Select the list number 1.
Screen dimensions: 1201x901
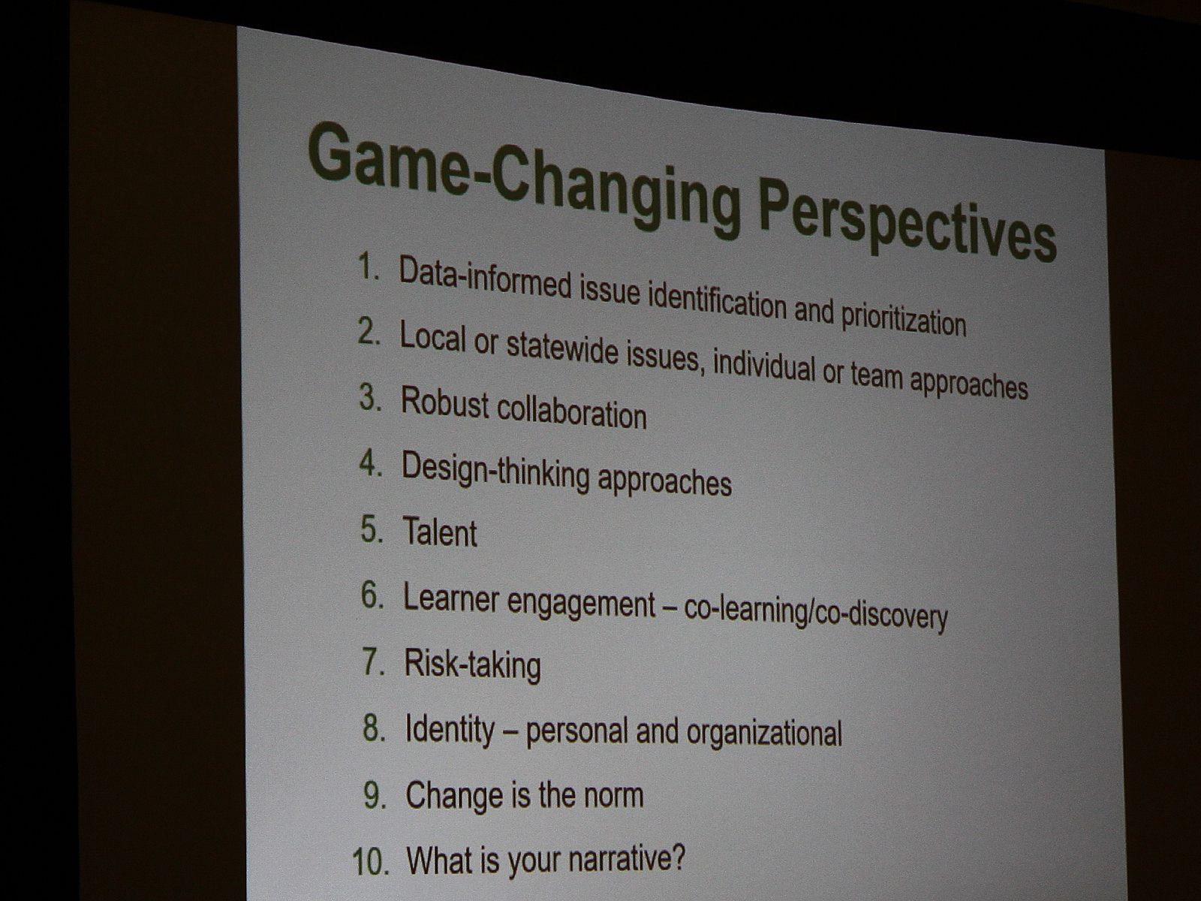coord(369,267)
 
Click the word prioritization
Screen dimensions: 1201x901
coord(903,319)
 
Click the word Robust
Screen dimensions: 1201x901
coord(445,403)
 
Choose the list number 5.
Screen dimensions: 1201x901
coord(372,529)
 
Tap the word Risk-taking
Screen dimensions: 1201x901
coord(472,665)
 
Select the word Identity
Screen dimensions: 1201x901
coord(449,731)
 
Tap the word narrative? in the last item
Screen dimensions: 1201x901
coord(627,859)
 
